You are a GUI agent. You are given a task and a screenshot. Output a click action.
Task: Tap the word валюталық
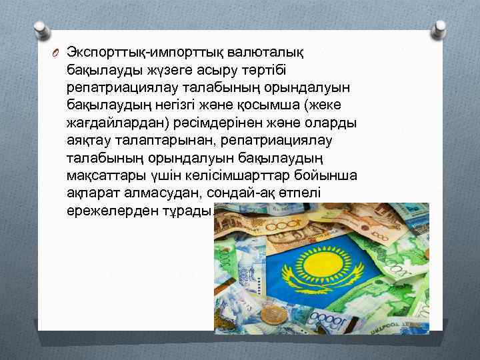(x=261, y=53)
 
